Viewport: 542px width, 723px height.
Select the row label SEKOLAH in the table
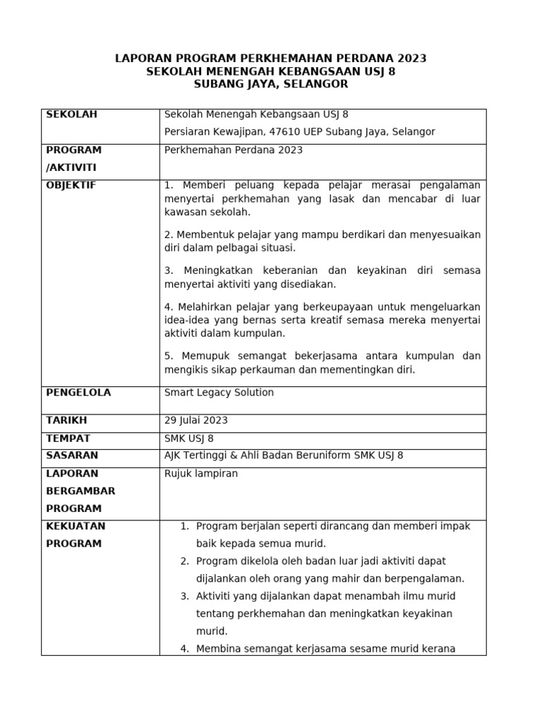point(71,114)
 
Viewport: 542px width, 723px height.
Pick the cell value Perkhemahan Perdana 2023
point(233,150)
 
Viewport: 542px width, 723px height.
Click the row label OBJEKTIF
point(71,185)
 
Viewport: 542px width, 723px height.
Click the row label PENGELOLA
point(78,392)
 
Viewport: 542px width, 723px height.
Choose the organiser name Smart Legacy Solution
point(219,392)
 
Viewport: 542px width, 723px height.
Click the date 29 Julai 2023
point(195,420)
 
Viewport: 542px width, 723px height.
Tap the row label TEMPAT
point(68,438)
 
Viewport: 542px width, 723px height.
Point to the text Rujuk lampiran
point(200,473)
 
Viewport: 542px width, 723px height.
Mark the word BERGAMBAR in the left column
point(80,491)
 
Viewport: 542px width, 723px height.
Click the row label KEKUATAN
point(76,526)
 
